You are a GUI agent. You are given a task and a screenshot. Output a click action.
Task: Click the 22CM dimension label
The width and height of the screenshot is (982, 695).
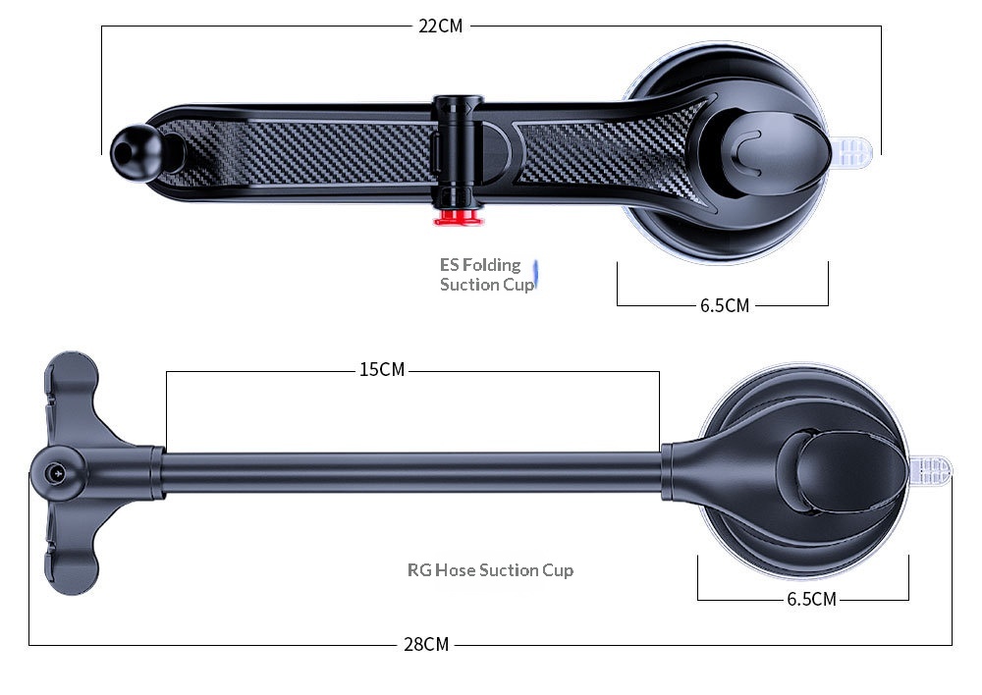point(440,27)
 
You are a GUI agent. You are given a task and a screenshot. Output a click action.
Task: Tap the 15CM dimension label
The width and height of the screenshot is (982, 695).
point(382,370)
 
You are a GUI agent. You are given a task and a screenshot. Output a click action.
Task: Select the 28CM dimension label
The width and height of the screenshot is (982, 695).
point(426,645)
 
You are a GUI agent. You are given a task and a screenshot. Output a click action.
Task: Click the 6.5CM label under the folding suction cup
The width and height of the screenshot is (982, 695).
point(725,305)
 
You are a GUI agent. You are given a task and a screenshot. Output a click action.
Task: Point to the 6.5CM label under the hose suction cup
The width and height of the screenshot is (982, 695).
point(811,599)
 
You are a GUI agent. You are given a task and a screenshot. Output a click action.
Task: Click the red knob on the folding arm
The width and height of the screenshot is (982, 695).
point(459,215)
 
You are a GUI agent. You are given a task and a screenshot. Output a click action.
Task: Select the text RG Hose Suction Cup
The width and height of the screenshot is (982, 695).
point(490,569)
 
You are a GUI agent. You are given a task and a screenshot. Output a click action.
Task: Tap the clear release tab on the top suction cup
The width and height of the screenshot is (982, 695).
point(854,151)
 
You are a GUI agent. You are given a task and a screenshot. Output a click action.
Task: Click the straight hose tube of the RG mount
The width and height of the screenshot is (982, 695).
point(412,471)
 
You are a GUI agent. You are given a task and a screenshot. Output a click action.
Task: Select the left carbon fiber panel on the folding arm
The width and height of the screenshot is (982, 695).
point(304,152)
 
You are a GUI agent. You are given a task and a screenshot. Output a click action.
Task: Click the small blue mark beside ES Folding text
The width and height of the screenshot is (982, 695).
point(536,275)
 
